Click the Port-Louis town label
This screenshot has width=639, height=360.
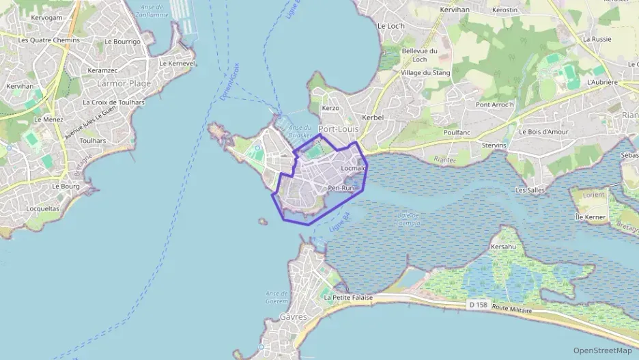click(x=338, y=128)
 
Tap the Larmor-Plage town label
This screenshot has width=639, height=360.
click(x=124, y=83)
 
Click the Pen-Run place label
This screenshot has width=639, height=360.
click(x=341, y=188)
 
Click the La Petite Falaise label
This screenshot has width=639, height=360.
click(x=348, y=298)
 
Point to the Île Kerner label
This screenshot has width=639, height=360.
click(x=591, y=217)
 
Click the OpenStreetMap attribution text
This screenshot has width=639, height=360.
click(x=602, y=350)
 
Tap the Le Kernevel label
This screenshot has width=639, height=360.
click(x=177, y=63)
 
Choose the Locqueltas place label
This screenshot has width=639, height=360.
click(x=42, y=208)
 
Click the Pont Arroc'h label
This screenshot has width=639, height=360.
click(x=495, y=105)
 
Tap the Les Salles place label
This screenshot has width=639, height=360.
click(x=530, y=190)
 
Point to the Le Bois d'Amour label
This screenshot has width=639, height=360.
click(x=544, y=132)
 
